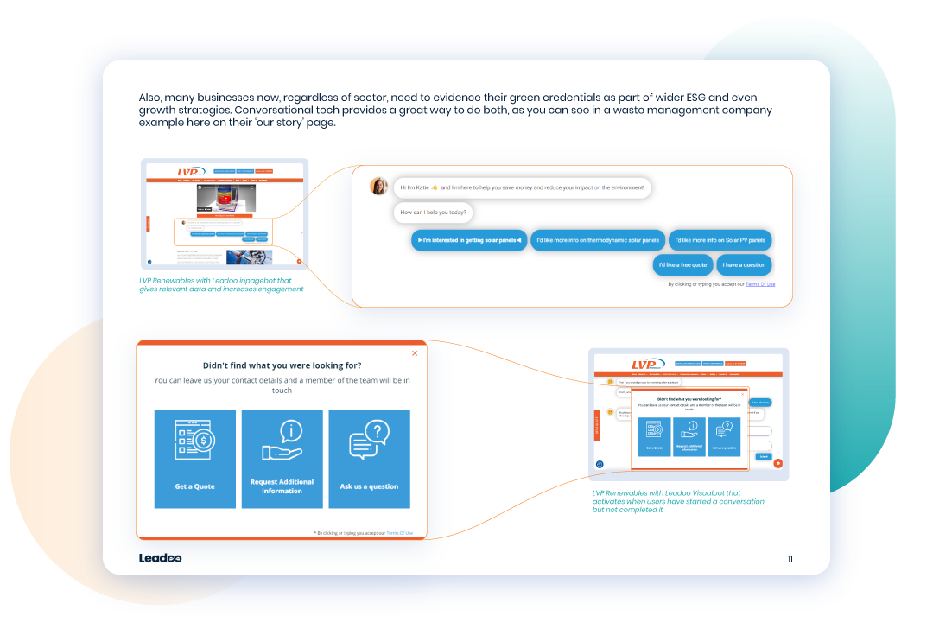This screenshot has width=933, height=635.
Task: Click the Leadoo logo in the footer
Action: [160, 558]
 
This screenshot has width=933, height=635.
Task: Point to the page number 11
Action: [790, 559]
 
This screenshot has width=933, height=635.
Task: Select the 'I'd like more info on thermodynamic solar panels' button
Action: [597, 240]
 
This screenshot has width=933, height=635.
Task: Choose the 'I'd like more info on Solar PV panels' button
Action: [720, 240]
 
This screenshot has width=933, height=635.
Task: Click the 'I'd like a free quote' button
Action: [682, 265]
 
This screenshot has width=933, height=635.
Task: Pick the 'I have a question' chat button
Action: [744, 265]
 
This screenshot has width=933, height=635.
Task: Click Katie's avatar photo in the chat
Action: [378, 186]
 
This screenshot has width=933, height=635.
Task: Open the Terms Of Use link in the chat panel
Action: [760, 284]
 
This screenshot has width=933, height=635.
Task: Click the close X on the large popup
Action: [415, 352]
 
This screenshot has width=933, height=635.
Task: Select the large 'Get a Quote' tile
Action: [195, 459]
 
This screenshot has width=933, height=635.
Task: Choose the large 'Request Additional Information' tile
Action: [282, 459]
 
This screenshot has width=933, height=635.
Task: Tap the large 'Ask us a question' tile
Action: [369, 459]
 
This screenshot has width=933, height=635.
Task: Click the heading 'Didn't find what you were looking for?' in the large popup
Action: [282, 365]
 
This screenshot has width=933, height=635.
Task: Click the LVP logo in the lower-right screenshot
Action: [646, 364]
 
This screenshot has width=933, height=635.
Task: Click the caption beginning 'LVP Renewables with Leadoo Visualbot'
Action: [678, 501]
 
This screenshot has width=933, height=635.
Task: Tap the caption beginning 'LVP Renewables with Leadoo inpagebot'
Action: [221, 284]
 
